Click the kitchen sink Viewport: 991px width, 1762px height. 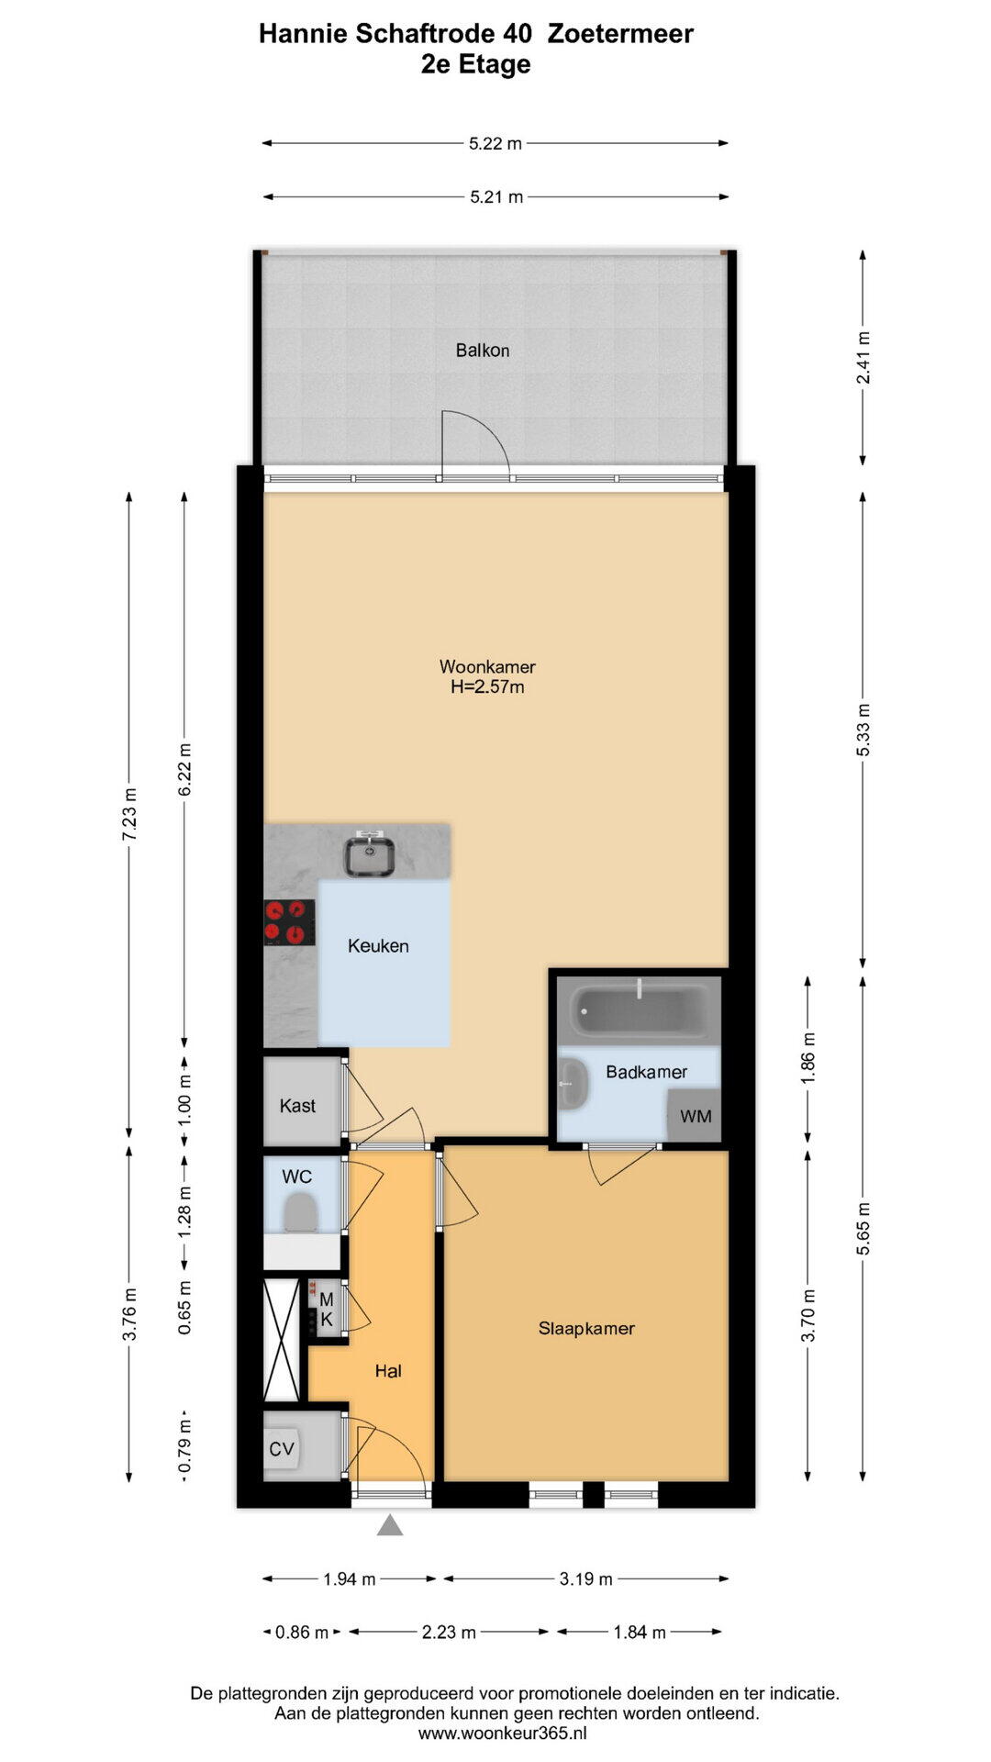(370, 854)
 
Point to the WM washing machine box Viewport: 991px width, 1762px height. (695, 1115)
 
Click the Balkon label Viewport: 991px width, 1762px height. (483, 351)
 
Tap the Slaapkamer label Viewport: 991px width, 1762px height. (586, 1328)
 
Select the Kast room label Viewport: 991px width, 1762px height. (297, 1106)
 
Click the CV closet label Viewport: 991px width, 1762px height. (282, 1449)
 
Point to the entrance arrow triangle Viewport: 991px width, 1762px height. (390, 1525)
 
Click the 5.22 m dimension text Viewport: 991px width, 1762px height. (495, 143)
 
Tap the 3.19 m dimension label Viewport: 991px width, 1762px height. (586, 1579)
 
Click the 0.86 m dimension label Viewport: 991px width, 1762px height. (302, 1633)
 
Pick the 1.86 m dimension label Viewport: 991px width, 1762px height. (808, 1058)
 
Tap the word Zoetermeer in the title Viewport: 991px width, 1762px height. (620, 34)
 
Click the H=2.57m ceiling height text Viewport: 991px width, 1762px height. (487, 687)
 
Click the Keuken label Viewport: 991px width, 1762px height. (378, 946)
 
